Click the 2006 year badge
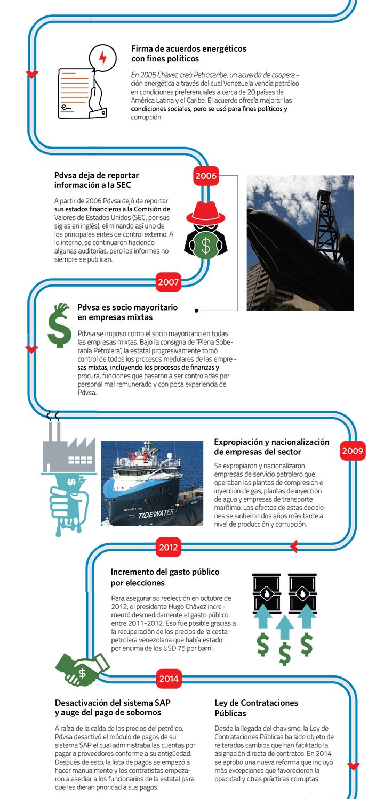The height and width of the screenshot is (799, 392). [x=206, y=176]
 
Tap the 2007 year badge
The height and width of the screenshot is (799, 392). [x=169, y=282]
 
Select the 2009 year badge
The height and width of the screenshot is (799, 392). [x=353, y=451]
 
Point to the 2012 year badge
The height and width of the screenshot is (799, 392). [x=169, y=547]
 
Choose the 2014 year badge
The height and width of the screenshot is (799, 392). [x=169, y=679]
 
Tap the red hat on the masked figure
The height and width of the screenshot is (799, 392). [x=205, y=213]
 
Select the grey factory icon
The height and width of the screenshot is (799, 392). [x=68, y=450]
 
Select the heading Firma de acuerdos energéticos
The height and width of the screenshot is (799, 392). [x=189, y=53]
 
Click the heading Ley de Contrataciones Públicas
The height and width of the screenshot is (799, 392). [x=256, y=708]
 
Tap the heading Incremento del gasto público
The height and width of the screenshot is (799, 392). [x=165, y=577]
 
